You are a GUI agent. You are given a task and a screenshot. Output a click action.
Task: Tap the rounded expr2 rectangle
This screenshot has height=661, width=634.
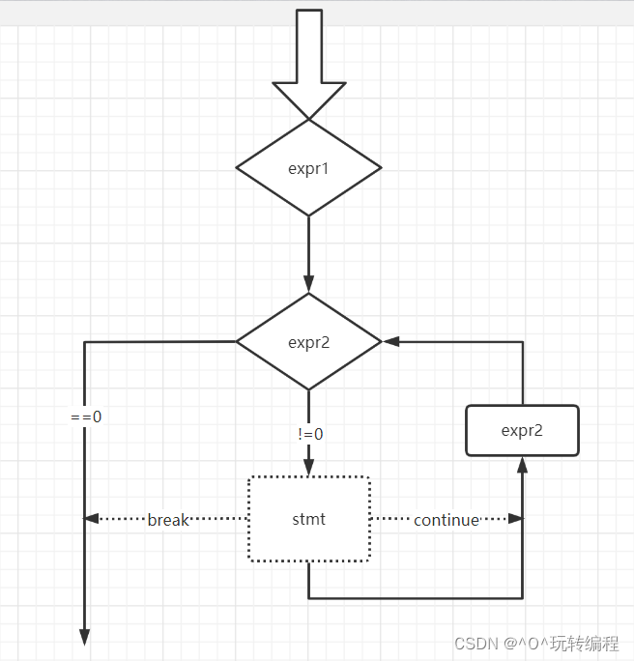[x=522, y=431]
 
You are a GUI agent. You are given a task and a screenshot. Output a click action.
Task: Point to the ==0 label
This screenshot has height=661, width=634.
[x=86, y=417]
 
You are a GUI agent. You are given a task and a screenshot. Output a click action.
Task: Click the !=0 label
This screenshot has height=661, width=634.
[x=310, y=434]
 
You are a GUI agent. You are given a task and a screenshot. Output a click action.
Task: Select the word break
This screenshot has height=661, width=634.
[x=168, y=520]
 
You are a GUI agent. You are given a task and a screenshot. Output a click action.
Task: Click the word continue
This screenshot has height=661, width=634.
[x=447, y=520]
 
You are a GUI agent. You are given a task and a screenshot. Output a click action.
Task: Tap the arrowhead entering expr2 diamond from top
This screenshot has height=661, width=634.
[x=309, y=286]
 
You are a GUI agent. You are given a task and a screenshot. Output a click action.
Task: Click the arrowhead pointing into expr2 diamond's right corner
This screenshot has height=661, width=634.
[x=390, y=341]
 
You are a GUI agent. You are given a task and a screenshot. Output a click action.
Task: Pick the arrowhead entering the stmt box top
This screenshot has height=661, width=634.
[x=309, y=468]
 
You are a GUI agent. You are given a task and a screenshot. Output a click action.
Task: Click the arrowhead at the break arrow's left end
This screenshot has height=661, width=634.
[x=92, y=519]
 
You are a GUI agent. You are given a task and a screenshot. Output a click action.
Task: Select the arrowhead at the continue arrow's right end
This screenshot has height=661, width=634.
[x=516, y=519]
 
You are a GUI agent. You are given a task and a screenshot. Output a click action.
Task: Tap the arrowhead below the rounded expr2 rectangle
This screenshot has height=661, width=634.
[x=523, y=464]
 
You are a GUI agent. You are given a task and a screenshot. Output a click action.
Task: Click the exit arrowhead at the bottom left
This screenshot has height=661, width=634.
[x=85, y=637]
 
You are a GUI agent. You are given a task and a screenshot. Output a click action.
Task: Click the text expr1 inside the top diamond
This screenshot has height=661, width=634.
[x=309, y=168]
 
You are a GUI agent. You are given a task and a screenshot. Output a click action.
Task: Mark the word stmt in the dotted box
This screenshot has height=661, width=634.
[x=309, y=519]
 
